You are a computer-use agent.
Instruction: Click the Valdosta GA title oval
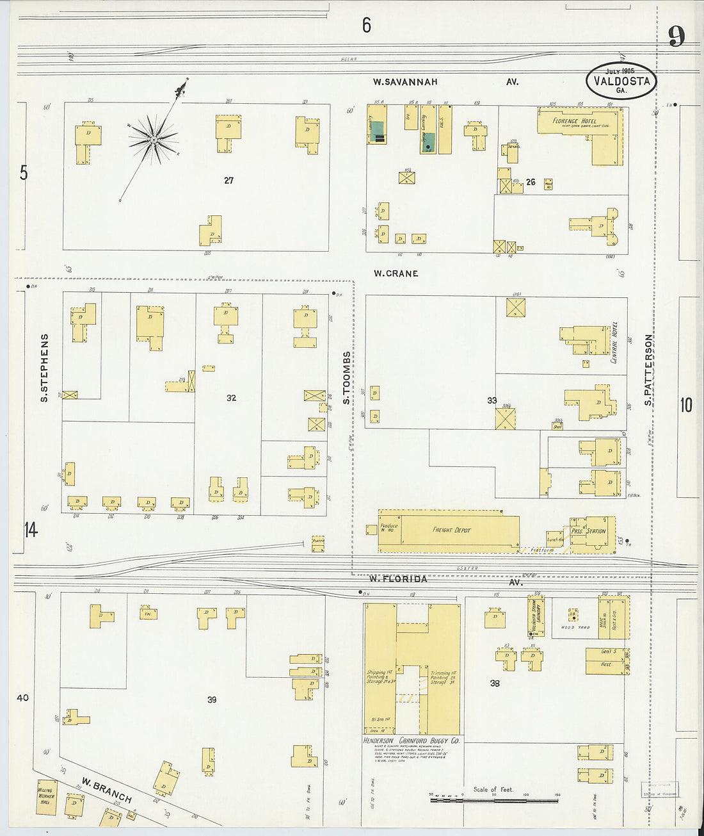pyautogui.click(x=621, y=81)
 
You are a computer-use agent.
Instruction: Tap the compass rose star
pyautogui.click(x=154, y=138)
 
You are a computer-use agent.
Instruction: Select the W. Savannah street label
pyautogui.click(x=406, y=82)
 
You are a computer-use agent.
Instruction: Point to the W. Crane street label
pyautogui.click(x=396, y=274)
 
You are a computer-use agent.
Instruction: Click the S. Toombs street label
pyautogui.click(x=347, y=377)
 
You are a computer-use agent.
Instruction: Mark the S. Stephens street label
pyautogui.click(x=45, y=368)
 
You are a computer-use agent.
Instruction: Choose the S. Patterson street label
pyautogui.click(x=648, y=370)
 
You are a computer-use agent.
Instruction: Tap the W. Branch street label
pyautogui.click(x=106, y=790)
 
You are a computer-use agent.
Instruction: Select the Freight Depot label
pyautogui.click(x=452, y=530)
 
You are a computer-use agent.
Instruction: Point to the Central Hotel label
pyautogui.click(x=614, y=343)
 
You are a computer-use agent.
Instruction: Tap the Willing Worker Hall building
pyautogui.click(x=45, y=796)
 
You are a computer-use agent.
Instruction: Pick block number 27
pyautogui.click(x=228, y=181)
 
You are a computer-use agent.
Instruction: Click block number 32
pyautogui.click(x=231, y=398)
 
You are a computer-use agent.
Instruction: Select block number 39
pyautogui.click(x=212, y=700)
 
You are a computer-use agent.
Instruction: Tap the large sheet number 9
pyautogui.click(x=676, y=37)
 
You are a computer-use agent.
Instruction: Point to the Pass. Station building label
pyautogui.click(x=588, y=531)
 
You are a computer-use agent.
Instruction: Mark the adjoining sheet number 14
pyautogui.click(x=30, y=530)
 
